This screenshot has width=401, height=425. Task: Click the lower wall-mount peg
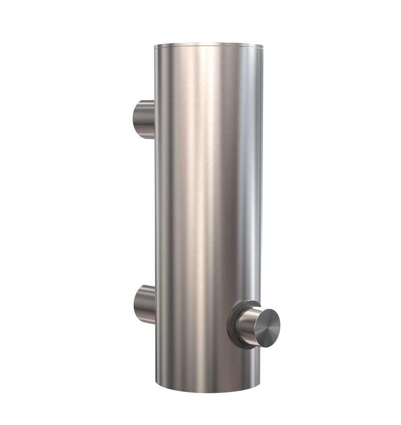144,304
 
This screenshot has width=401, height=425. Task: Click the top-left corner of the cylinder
155,46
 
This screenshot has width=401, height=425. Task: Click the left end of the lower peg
135,305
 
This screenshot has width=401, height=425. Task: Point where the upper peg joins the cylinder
154,119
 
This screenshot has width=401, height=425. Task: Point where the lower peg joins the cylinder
154,304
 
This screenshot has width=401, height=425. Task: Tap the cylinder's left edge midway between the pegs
155,211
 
